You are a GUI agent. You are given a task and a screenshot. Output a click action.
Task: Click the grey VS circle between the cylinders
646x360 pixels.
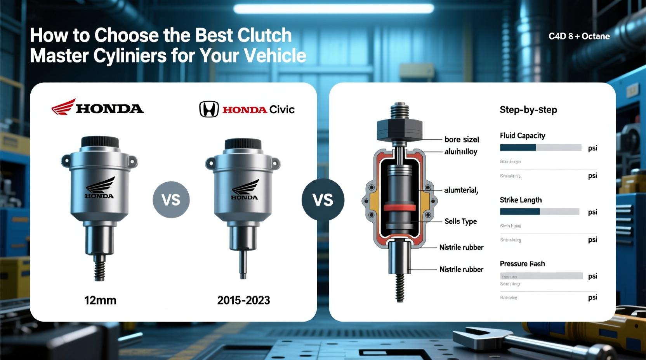(x=171, y=200)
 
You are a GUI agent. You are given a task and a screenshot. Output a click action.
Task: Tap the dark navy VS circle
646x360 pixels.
(x=323, y=200)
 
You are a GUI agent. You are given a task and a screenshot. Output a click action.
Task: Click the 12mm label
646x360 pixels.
(x=100, y=300)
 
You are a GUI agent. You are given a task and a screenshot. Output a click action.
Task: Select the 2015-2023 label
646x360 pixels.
(x=243, y=300)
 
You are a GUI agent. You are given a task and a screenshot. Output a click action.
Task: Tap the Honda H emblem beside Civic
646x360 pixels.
(x=209, y=109)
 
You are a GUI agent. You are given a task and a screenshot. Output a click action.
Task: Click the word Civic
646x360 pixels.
(x=282, y=110)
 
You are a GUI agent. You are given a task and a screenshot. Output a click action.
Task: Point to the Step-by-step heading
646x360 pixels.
(x=528, y=110)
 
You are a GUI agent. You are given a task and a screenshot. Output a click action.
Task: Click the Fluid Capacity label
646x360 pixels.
(x=522, y=135)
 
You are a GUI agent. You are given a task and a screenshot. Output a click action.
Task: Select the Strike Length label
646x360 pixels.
(x=521, y=200)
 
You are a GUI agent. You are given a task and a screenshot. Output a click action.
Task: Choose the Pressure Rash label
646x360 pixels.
(x=522, y=264)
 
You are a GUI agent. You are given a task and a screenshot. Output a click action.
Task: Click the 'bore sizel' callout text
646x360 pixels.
(x=462, y=139)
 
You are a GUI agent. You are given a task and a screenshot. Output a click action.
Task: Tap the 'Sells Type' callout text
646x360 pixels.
(x=460, y=221)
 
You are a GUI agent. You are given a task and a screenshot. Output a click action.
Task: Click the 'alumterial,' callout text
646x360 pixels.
(x=461, y=190)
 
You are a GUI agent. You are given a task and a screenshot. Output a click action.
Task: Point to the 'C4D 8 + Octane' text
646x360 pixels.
(x=579, y=36)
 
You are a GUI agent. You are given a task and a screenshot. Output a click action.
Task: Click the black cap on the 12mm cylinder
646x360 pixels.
(x=100, y=142)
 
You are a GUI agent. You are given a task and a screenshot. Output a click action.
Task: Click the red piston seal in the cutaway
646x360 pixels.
(x=399, y=208)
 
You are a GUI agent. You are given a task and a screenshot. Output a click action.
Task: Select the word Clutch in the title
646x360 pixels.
(x=264, y=35)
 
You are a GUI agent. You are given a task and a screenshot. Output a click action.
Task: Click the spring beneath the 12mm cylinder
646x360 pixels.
(x=100, y=269)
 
